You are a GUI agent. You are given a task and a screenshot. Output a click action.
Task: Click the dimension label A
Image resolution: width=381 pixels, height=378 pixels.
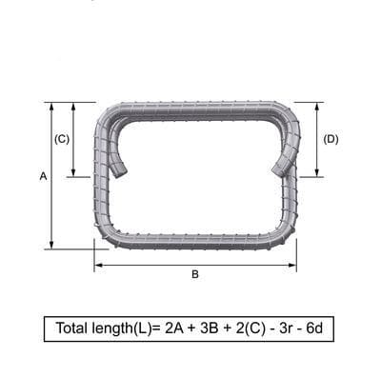[x=43, y=176]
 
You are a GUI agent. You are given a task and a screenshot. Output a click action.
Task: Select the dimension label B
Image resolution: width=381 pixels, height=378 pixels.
[x=195, y=274]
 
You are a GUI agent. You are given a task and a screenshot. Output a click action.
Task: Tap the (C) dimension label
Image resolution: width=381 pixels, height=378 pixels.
[x=62, y=139]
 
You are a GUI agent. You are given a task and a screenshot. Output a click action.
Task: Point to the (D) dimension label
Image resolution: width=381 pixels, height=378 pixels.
[x=331, y=139]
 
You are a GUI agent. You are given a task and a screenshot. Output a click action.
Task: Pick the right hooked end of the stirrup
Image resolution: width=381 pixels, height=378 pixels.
[x=280, y=169]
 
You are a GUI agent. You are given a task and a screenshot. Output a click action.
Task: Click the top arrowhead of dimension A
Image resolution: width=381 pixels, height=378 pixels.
[x=52, y=107]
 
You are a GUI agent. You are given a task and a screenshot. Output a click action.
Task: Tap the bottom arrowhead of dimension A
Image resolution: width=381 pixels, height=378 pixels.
[x=52, y=245]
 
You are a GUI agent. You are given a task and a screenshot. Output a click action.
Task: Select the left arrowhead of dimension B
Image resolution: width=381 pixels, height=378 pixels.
[x=99, y=266]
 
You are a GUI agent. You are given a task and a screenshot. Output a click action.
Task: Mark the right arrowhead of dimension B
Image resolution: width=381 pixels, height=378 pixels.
[x=291, y=266]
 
